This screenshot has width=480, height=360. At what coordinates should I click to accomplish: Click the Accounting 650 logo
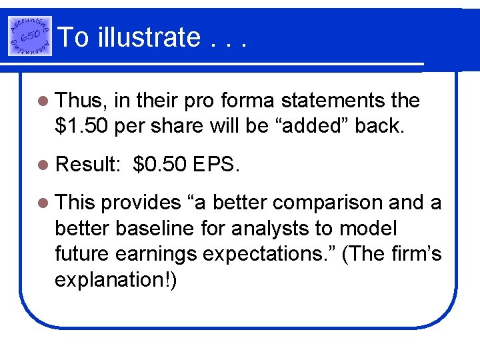click(29, 35)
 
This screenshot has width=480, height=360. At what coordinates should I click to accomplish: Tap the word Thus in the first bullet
click(80, 101)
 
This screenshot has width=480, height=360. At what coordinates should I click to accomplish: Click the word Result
click(87, 164)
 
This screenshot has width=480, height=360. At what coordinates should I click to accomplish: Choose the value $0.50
click(159, 164)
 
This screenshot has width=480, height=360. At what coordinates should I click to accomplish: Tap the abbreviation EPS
click(214, 164)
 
